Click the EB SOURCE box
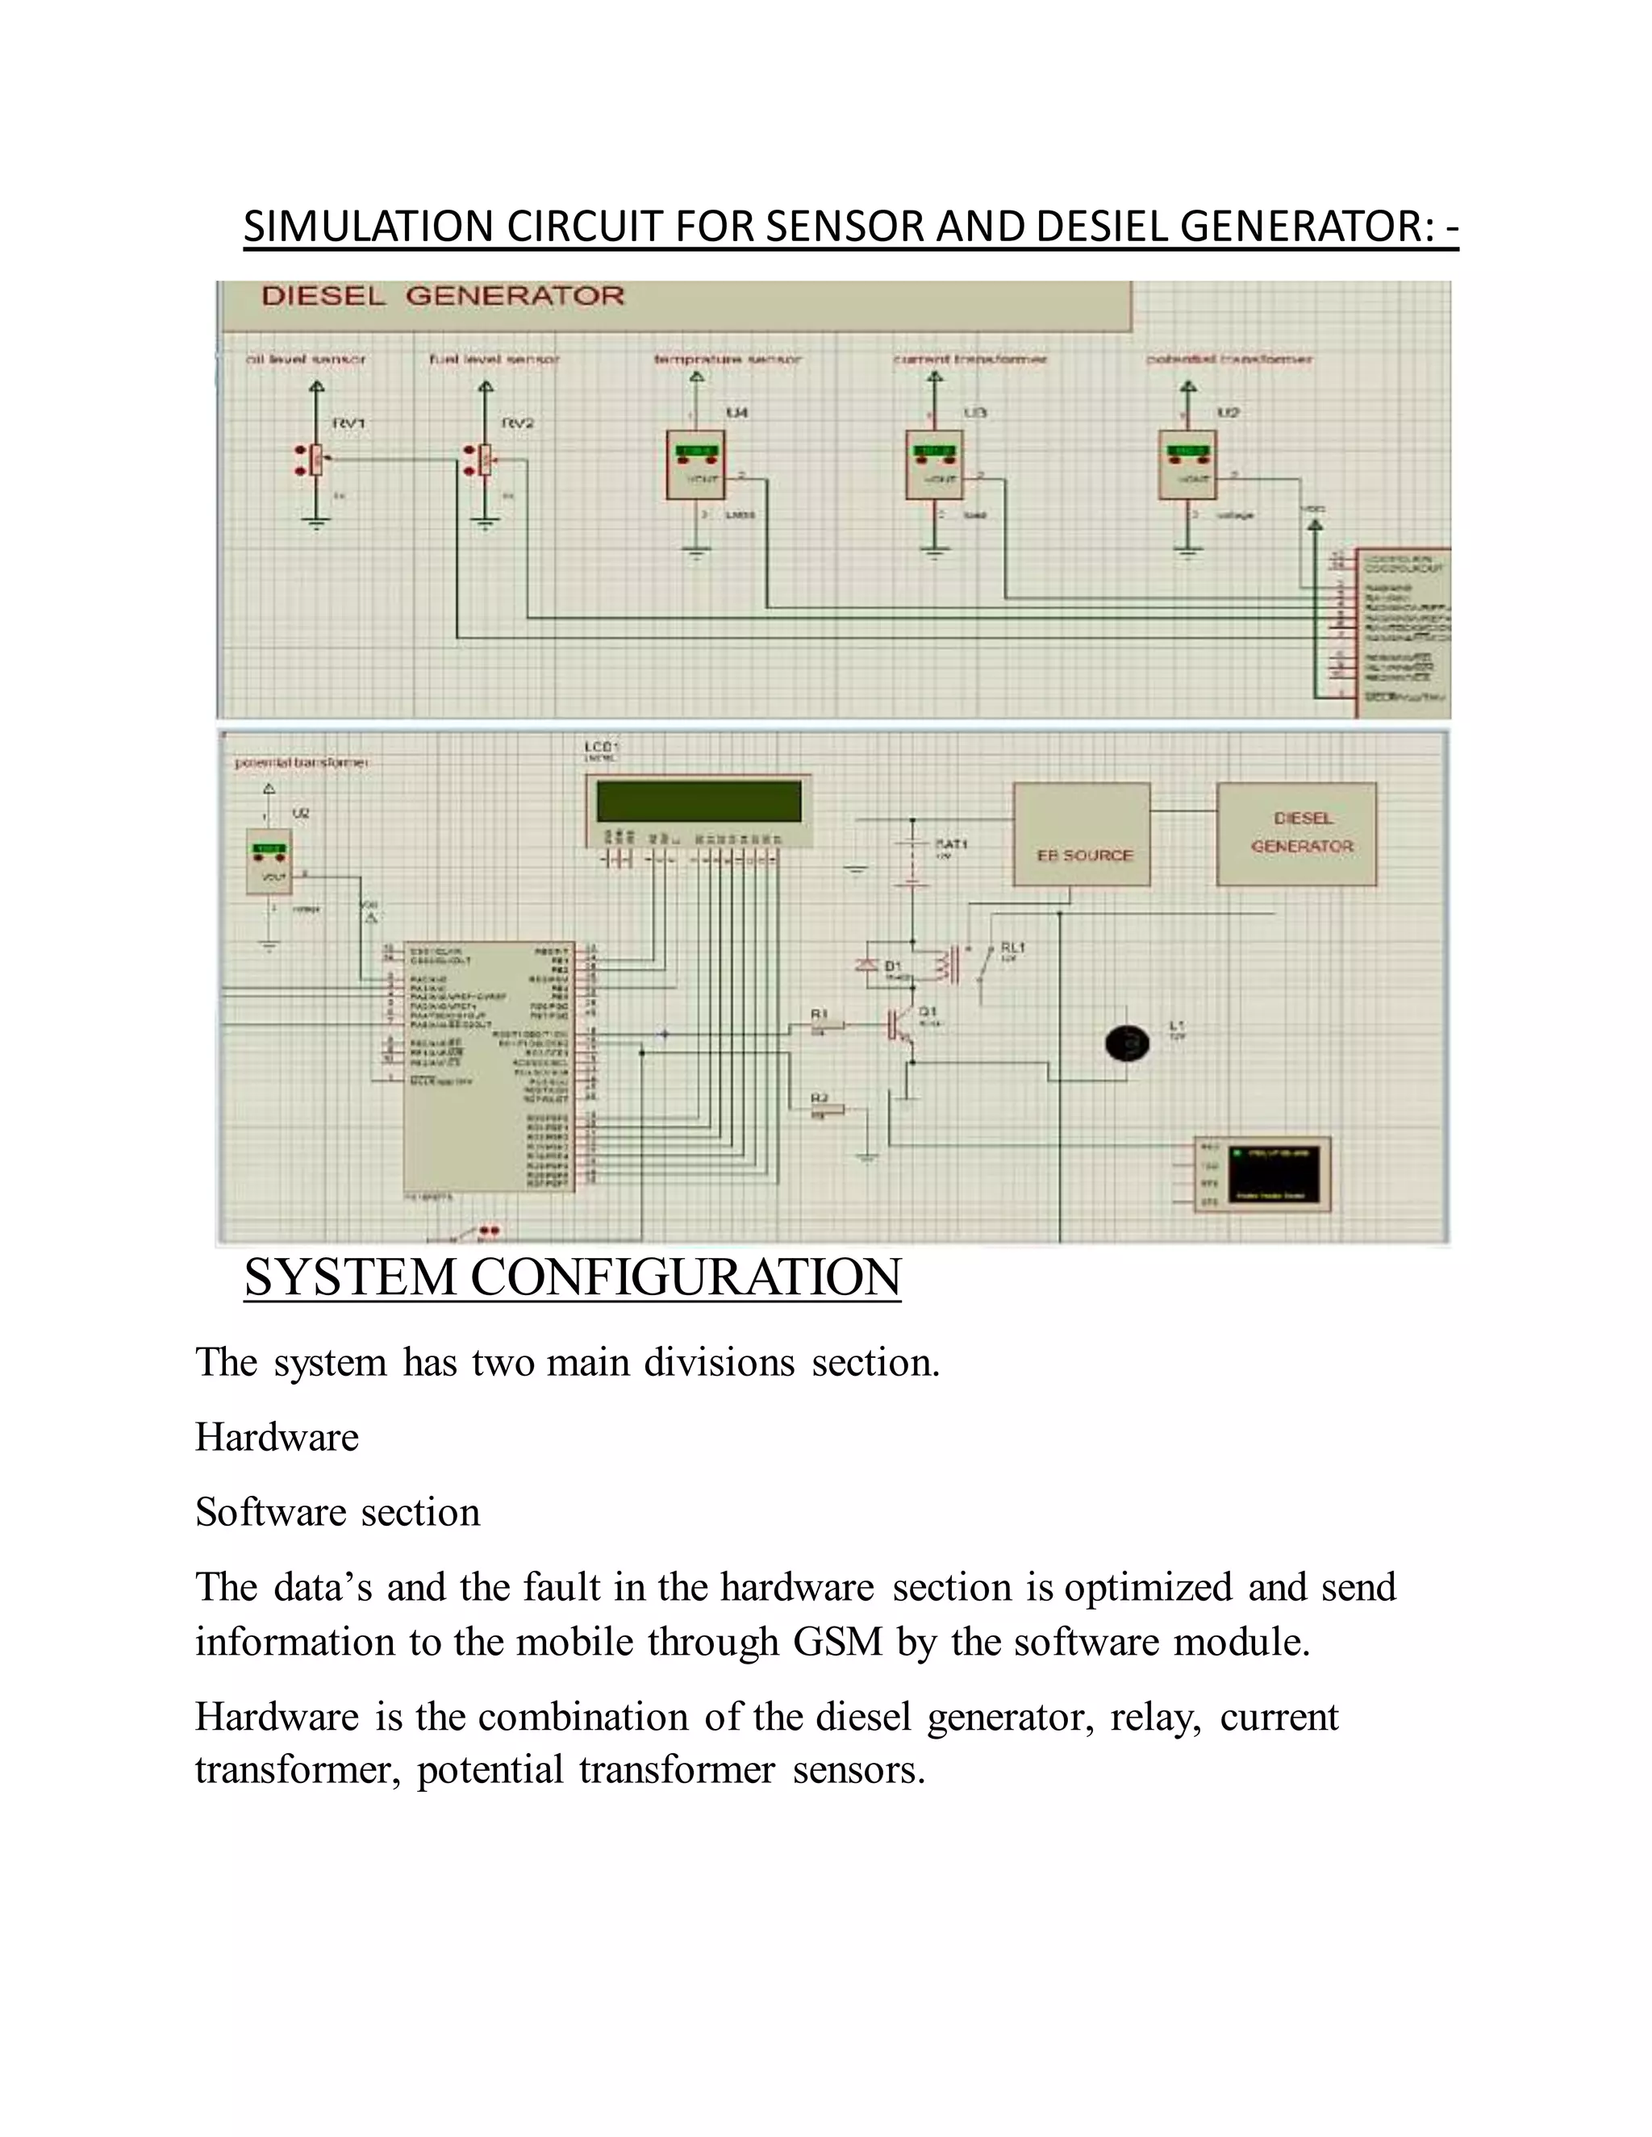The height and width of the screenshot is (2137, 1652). pos(1082,835)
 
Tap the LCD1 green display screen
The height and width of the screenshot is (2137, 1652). pos(699,802)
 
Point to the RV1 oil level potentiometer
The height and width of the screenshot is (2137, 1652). pos(316,459)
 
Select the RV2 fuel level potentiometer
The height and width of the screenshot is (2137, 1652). pos(486,459)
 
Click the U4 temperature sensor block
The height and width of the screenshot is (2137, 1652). pos(696,464)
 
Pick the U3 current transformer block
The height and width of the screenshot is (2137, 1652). pos(935,464)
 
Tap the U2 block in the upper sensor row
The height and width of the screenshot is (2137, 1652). pos(1188,464)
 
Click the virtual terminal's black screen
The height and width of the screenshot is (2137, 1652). pos(1274,1173)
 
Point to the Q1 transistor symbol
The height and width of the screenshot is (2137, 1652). pos(899,1023)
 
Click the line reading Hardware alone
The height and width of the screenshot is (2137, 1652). pos(277,1437)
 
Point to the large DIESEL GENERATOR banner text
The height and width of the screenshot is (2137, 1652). pos(442,295)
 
